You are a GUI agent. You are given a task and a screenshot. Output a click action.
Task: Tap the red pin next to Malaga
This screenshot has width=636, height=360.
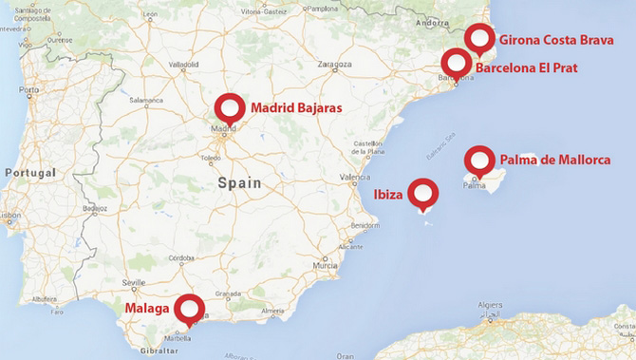(x=190, y=310)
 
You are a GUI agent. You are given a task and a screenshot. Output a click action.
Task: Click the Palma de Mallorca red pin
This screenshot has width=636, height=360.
(x=479, y=161)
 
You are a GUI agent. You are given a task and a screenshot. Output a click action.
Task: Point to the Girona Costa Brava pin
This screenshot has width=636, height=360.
(x=480, y=39)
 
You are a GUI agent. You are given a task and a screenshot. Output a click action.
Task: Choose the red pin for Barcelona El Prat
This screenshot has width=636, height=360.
(x=457, y=64)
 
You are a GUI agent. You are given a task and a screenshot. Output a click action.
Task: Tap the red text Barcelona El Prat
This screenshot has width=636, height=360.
(x=526, y=67)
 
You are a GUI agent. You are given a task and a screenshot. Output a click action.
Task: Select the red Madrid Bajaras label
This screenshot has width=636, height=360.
(x=296, y=109)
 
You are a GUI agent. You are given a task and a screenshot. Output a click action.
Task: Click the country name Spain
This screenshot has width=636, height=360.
(x=240, y=182)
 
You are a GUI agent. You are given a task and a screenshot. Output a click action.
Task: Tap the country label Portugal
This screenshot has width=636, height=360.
(x=31, y=173)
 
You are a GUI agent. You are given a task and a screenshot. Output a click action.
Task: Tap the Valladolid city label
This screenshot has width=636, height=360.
(x=185, y=66)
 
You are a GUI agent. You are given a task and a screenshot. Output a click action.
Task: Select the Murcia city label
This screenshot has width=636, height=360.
(x=325, y=265)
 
